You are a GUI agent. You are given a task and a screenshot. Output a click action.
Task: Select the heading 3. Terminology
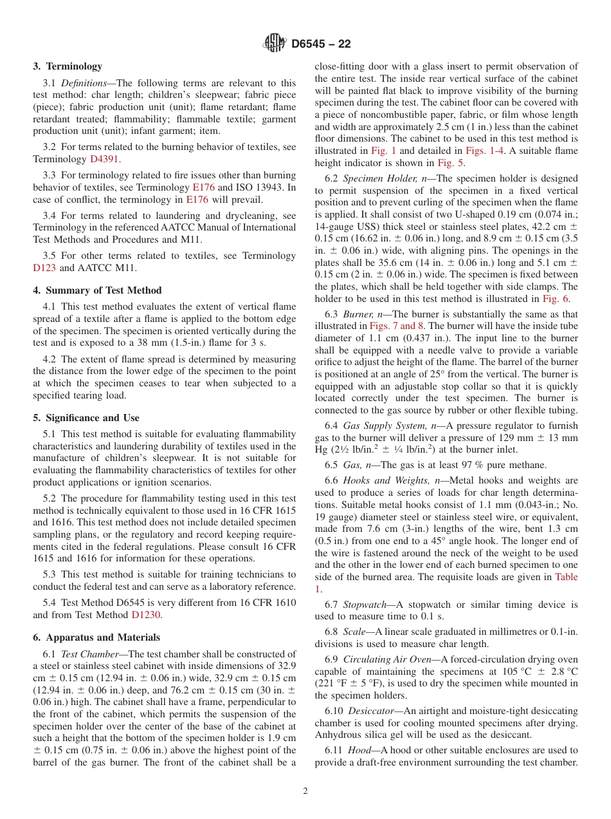coord(68,66)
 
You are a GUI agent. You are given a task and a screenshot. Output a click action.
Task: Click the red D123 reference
coord(45,268)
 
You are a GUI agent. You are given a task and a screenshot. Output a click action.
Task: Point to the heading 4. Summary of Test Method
coord(97,290)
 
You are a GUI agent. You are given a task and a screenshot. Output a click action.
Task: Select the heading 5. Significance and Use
coord(86,418)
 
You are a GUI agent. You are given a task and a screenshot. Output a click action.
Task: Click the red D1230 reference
coord(146,615)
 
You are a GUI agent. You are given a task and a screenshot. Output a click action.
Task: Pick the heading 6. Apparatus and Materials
coord(96,637)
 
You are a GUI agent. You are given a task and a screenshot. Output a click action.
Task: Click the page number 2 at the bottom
coord(305,791)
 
